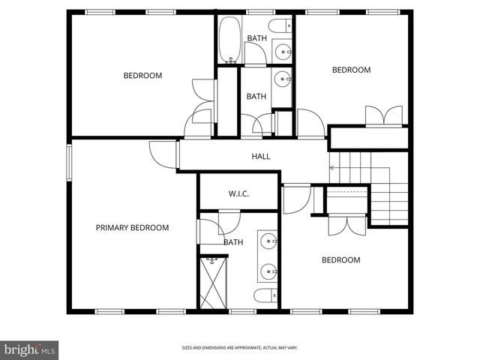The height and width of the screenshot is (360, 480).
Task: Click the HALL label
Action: (x=260, y=157)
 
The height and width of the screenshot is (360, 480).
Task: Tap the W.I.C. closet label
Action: (x=238, y=194)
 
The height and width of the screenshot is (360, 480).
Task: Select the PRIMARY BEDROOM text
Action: (x=132, y=227)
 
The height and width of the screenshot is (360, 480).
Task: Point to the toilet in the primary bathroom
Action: (x=265, y=295)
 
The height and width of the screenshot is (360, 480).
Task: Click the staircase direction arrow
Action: (x=332, y=167)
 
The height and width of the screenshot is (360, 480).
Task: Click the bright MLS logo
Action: (x=30, y=349)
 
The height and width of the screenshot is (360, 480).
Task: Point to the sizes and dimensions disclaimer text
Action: (x=239, y=348)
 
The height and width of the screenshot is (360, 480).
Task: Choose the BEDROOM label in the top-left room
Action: (x=142, y=75)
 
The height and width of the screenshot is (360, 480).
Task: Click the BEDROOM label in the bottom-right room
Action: (x=340, y=260)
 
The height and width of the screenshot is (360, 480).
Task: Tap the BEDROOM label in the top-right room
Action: (x=351, y=70)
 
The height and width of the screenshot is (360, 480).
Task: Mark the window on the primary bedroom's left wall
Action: (x=69, y=163)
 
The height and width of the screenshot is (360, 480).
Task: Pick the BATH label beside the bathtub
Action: (x=256, y=38)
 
